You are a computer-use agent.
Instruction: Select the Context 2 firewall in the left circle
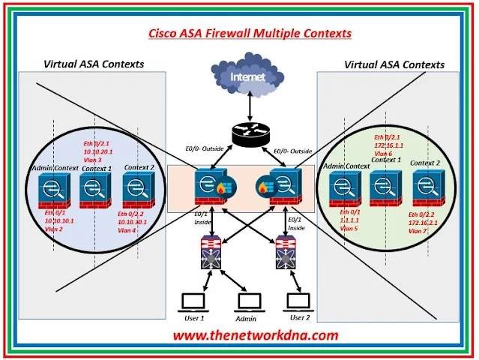click(x=138, y=190)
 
